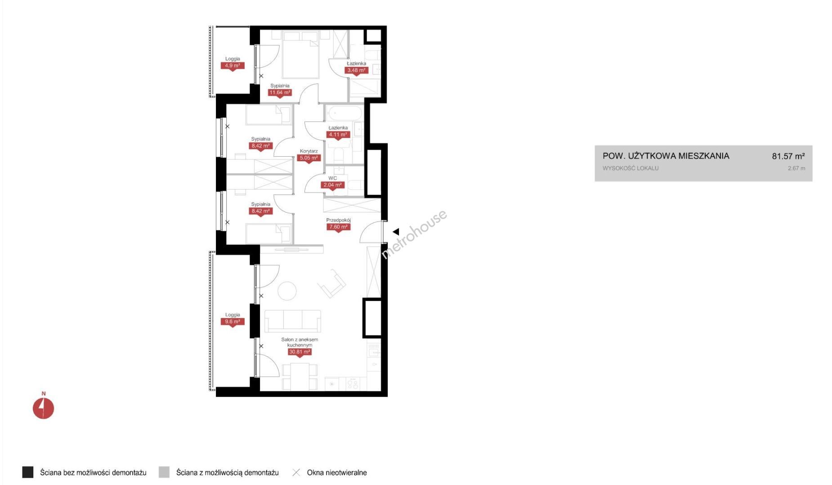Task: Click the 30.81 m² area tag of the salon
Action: point(300,352)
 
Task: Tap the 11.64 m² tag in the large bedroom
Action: point(280,93)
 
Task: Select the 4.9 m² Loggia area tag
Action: point(233,66)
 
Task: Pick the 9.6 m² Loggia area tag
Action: point(233,322)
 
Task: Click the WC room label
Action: point(333,178)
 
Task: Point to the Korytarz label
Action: point(309,151)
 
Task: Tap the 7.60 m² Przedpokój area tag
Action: point(338,227)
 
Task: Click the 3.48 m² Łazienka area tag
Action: point(356,71)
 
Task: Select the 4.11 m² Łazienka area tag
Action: point(338,135)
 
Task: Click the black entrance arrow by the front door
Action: point(396,232)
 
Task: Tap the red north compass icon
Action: point(43,408)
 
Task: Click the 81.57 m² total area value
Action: point(788,156)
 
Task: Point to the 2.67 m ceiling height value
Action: point(796,168)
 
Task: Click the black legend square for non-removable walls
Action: point(28,472)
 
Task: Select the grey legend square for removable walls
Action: point(164,472)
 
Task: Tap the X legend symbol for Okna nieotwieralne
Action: point(296,472)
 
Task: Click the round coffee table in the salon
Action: point(287,291)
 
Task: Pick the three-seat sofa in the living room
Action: point(293,321)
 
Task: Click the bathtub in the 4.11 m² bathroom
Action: point(344,113)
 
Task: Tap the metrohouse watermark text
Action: point(414,234)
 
